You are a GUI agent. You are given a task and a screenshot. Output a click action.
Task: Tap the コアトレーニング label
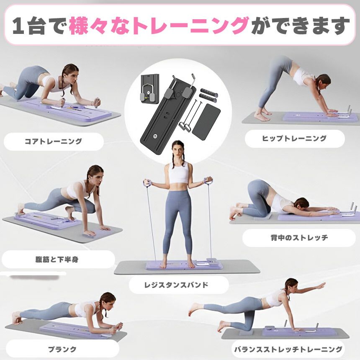click(x=53, y=141)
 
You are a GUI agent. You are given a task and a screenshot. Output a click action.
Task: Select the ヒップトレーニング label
click(x=294, y=139)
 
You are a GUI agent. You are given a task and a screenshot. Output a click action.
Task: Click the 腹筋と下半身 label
click(x=57, y=259)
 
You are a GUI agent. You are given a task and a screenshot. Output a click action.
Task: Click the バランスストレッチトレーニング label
click(x=288, y=349)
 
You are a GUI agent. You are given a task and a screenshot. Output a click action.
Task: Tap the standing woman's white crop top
click(x=179, y=173)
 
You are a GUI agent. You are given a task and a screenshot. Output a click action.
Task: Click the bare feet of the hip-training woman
click(x=262, y=115)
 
